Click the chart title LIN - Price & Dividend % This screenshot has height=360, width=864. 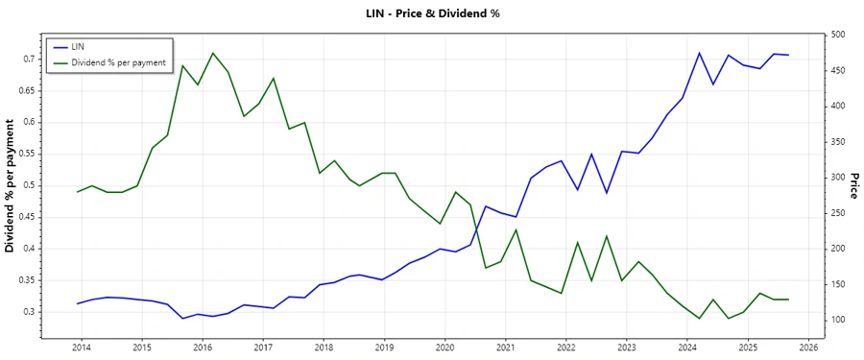[432, 13]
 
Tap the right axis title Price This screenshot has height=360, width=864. [853, 186]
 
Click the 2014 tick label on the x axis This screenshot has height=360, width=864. [81, 348]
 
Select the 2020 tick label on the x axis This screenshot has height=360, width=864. [444, 348]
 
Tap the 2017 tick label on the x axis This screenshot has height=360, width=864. [262, 348]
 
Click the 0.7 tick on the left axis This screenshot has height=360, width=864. [30, 59]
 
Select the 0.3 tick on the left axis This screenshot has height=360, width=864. [30, 312]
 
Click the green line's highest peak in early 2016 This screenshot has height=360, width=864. [213, 53]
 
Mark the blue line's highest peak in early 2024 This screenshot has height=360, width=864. [699, 53]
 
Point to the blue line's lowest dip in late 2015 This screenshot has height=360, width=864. [182, 318]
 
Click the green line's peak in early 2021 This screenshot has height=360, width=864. [516, 229]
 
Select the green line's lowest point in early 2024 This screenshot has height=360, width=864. [699, 318]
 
